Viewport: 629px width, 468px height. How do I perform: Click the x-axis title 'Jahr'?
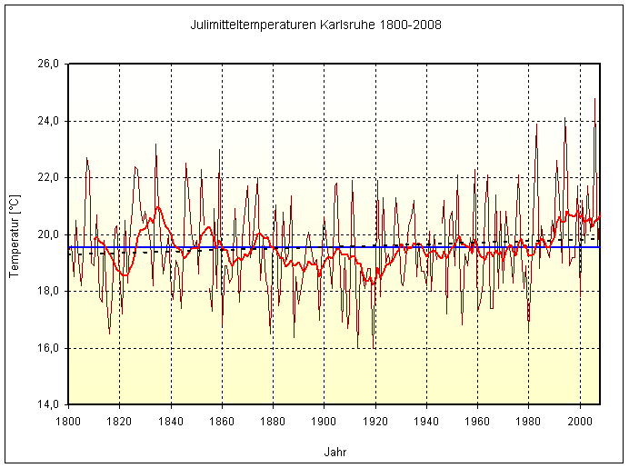(334, 452)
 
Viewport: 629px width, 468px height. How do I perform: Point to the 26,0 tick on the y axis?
(47, 65)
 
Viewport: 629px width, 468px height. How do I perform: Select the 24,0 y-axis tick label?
(47, 121)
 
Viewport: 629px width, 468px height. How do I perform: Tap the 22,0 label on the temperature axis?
(47, 178)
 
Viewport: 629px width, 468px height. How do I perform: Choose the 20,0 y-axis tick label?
(47, 234)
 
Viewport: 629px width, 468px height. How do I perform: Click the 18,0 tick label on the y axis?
(47, 292)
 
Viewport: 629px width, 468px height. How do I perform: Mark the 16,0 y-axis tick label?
(47, 348)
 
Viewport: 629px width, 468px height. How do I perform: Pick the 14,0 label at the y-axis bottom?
(47, 404)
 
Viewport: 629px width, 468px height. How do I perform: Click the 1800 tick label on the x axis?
(68, 422)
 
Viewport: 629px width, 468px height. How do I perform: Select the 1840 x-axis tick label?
(171, 422)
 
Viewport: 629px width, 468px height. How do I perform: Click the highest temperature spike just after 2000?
(595, 99)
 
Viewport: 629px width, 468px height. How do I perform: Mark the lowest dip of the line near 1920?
(374, 348)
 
